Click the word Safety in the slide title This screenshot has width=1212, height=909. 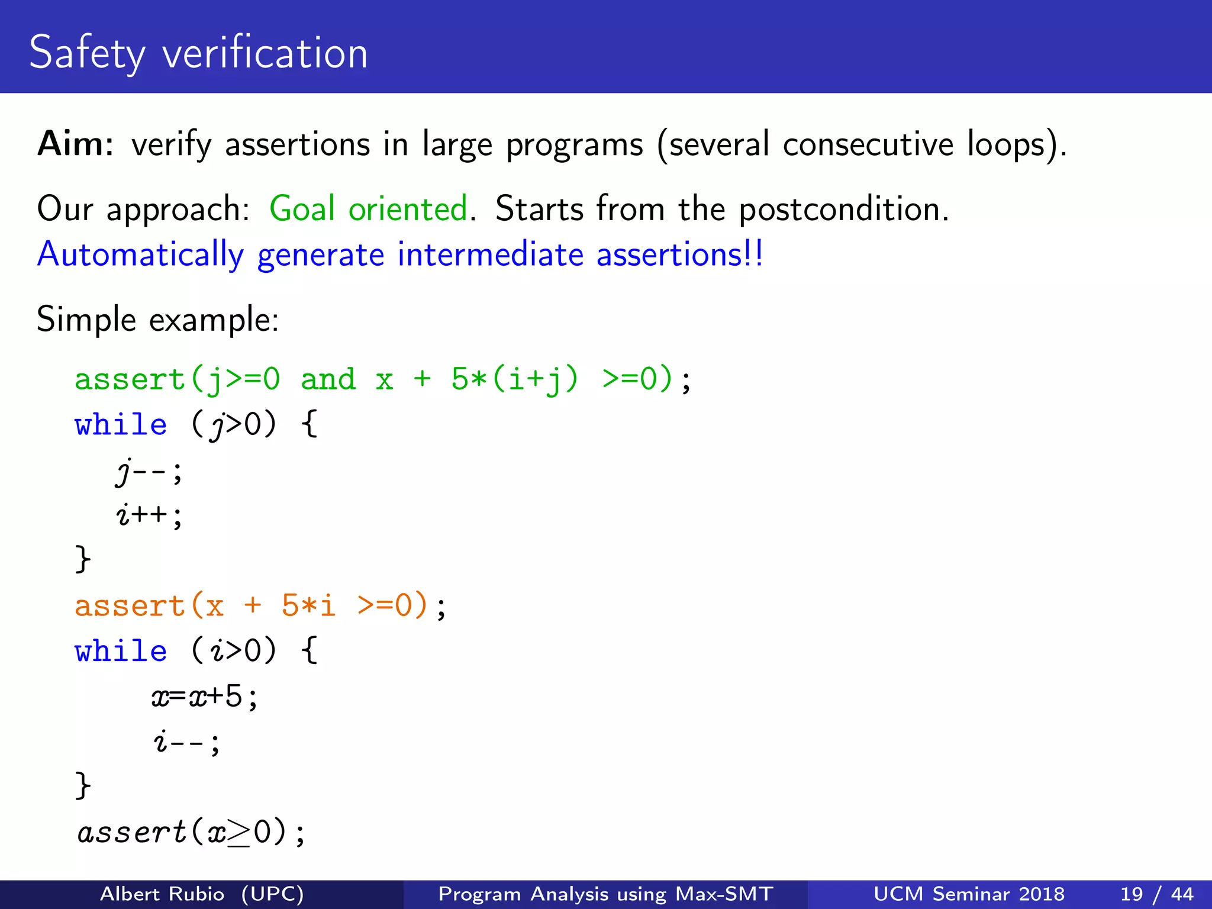point(86,53)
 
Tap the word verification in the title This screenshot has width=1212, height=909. point(265,53)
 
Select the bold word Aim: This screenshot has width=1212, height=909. point(76,144)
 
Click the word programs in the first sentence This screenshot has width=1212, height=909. point(574,145)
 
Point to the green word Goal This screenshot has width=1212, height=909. point(302,209)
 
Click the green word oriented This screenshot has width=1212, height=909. point(408,209)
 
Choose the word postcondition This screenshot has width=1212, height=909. point(843,209)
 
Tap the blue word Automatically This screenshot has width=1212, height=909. point(140,255)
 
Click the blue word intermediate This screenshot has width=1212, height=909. point(491,255)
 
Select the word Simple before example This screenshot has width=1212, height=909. point(86,320)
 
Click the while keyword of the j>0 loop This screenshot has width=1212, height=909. point(121,425)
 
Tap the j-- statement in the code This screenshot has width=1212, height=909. point(149,472)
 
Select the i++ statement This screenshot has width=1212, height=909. point(149,515)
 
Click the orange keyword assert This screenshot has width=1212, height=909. point(130,606)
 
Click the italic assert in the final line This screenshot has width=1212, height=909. point(132,832)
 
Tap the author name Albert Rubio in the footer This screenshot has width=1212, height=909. point(162,894)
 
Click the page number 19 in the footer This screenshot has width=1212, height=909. point(1131,894)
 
